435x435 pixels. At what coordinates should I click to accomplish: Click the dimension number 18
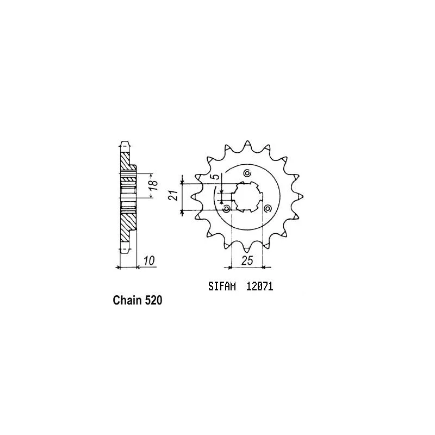point(154,185)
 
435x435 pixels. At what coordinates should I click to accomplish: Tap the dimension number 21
point(172,196)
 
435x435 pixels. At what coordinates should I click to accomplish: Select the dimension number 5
point(216,176)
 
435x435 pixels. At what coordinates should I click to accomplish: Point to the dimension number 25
point(247,260)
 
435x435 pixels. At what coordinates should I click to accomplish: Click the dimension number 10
point(149,260)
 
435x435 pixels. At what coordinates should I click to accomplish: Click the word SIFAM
point(222,287)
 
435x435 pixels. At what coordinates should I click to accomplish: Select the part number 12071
point(260,287)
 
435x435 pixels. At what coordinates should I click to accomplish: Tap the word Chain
point(127,300)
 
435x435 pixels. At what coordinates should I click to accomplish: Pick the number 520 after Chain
point(153,300)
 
